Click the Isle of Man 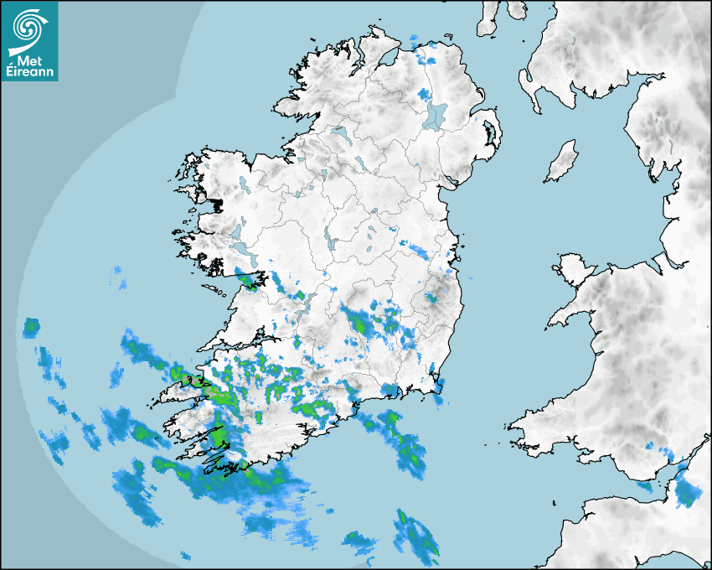pyautogui.click(x=562, y=161)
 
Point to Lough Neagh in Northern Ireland pyautogui.click(x=436, y=115)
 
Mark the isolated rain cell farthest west pyautogui.click(x=32, y=325)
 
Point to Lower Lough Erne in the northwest pyautogui.click(x=338, y=133)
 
